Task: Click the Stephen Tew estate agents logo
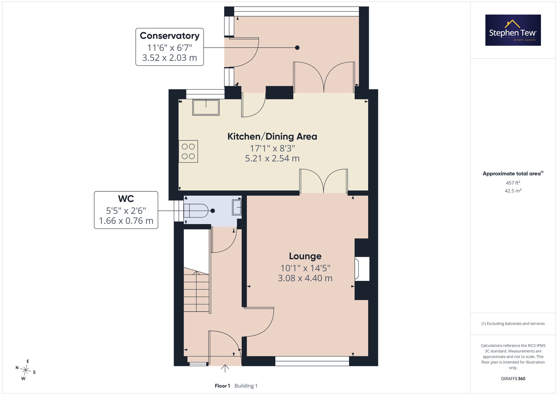(x=513, y=30)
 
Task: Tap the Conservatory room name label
(x=170, y=36)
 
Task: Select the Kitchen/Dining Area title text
(x=272, y=137)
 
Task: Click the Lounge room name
(x=305, y=256)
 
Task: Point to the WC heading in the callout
(x=126, y=199)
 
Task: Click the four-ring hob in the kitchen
(x=188, y=151)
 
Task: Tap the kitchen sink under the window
(x=206, y=107)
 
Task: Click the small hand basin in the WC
(x=237, y=207)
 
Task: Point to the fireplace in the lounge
(x=362, y=269)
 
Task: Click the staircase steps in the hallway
(x=196, y=291)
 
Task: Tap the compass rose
(x=26, y=370)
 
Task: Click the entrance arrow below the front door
(x=225, y=368)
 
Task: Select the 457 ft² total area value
(x=513, y=183)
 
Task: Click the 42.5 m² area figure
(x=513, y=191)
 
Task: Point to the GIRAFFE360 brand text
(x=513, y=379)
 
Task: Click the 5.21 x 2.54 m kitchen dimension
(x=272, y=159)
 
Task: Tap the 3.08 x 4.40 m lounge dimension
(x=305, y=278)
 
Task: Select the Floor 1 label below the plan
(x=222, y=386)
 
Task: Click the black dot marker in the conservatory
(x=297, y=47)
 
